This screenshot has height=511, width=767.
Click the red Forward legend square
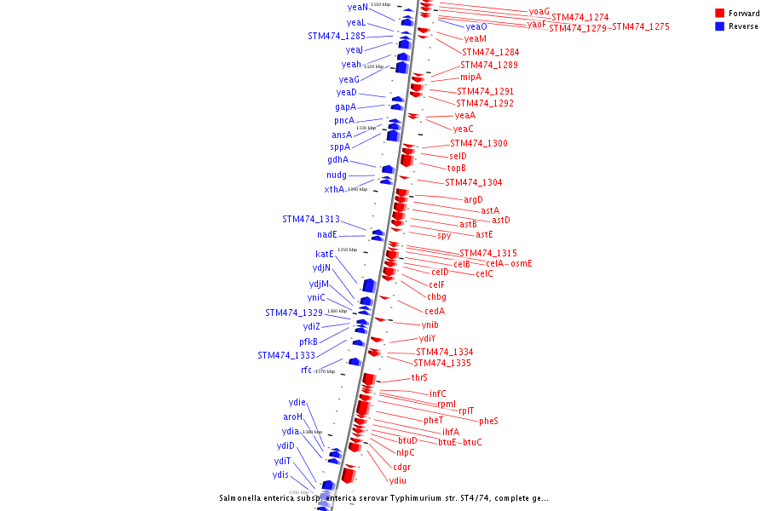720,14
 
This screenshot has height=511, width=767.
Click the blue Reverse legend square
720,26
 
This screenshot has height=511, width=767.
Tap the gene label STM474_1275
641,27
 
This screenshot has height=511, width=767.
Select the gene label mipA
471,77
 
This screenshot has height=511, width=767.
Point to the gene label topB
457,168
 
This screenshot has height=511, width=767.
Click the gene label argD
474,199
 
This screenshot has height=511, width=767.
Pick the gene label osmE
522,263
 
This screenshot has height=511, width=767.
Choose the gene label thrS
419,377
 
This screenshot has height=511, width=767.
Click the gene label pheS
488,421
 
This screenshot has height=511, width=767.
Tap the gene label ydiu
398,480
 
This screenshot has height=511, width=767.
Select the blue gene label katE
325,254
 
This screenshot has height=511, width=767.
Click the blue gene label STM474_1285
337,37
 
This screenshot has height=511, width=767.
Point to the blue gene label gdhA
338,160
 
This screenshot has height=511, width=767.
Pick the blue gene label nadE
328,234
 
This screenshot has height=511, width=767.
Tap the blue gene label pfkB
309,342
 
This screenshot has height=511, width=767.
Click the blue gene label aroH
293,416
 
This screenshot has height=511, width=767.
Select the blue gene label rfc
307,370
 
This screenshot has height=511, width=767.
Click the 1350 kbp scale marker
347,250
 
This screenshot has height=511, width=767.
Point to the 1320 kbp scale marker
373,66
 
